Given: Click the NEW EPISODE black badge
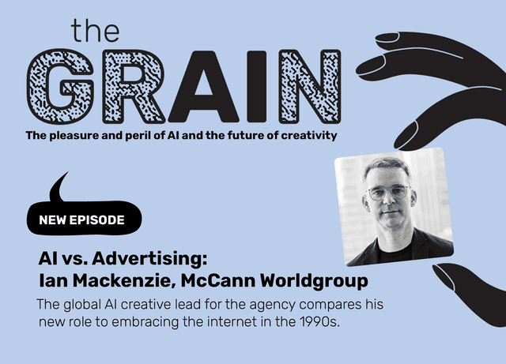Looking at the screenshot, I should pos(81,220).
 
